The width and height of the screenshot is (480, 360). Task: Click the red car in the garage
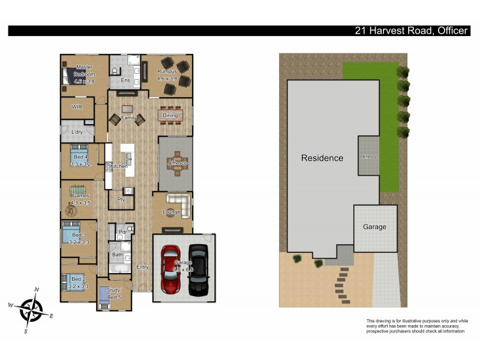point(170,270)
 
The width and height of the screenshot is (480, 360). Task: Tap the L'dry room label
point(77,131)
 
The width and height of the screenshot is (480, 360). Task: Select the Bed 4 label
point(80,160)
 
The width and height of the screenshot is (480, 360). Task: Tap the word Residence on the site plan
point(322,158)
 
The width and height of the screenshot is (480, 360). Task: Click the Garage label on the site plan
point(374,227)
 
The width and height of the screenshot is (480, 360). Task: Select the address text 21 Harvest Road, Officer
point(410,31)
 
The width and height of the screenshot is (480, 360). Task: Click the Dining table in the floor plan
point(170,115)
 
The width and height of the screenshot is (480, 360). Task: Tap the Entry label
point(142,267)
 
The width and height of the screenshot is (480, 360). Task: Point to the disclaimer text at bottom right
point(415,326)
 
